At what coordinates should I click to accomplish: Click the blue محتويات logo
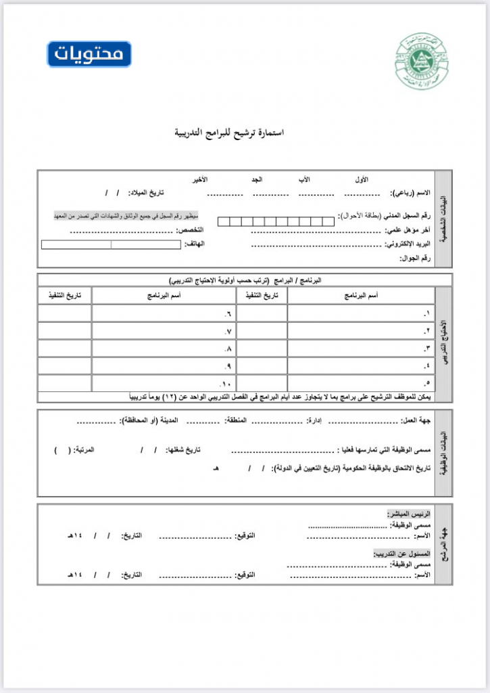click(89, 54)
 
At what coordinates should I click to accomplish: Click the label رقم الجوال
click(414, 258)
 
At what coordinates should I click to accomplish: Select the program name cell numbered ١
click(361, 313)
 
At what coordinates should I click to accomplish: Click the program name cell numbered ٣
click(361, 349)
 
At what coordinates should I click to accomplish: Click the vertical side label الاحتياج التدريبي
click(443, 338)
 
